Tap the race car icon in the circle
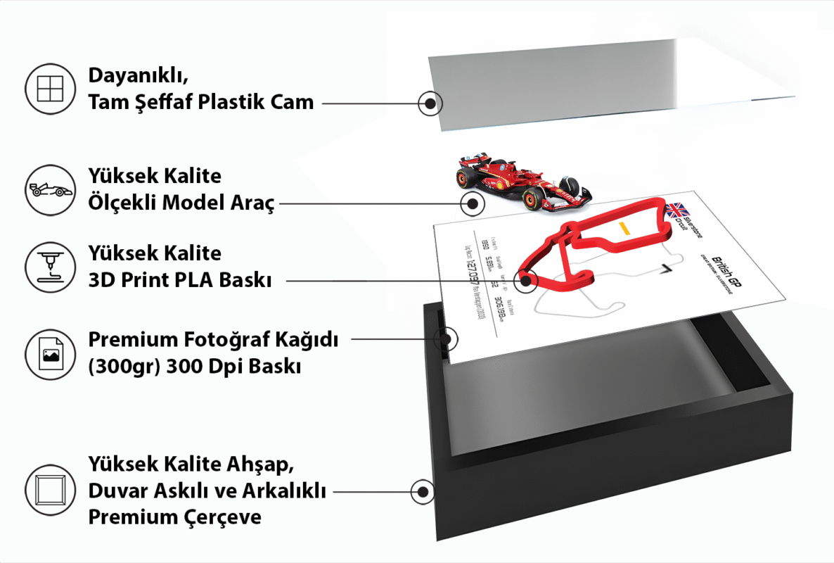point(49,190)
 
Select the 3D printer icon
point(49,267)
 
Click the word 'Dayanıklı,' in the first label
point(138,75)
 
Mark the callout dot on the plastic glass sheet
point(429,103)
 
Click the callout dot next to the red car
point(472,204)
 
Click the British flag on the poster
point(677,209)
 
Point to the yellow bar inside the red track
point(623,228)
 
